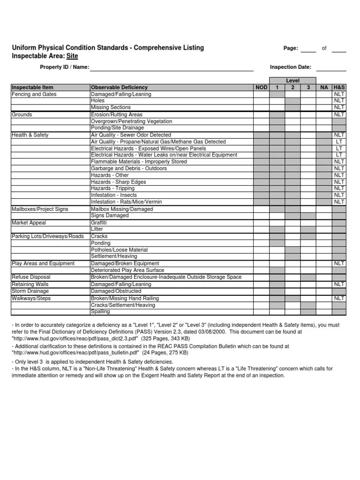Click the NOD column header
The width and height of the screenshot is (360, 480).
[261, 87]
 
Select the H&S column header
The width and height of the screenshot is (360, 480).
[339, 87]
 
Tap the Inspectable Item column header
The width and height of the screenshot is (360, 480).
[32, 87]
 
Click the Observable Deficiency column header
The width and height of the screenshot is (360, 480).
[119, 87]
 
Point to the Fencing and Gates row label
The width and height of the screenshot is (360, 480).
[34, 94]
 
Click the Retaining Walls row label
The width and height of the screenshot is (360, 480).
[30, 284]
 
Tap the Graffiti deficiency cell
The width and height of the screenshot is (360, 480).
[99, 223]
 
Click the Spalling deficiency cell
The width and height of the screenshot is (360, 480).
[100, 311]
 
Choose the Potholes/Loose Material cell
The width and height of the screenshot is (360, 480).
[119, 250]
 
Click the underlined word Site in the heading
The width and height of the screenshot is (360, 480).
[72, 56]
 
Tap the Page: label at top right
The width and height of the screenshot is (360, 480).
[291, 48]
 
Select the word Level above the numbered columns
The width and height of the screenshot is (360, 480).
[292, 81]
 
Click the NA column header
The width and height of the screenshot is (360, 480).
[324, 87]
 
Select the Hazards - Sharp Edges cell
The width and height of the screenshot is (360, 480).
[118, 182]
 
